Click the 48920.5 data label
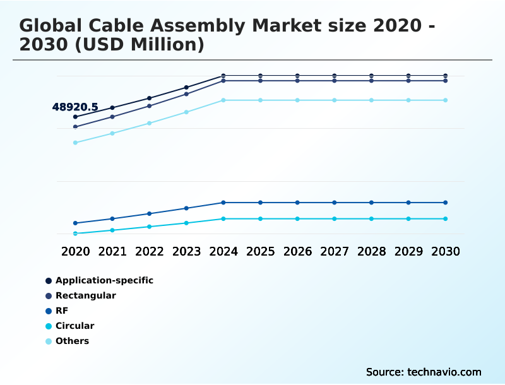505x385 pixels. click(74, 107)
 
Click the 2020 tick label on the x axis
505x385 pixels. click(75, 251)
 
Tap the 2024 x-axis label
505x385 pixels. click(223, 251)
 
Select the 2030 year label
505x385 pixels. click(446, 251)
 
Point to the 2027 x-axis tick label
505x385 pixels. click(335, 251)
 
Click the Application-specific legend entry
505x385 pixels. click(104, 280)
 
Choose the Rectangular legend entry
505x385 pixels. click(85, 295)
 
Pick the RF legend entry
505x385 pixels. click(61, 311)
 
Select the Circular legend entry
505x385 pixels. click(74, 326)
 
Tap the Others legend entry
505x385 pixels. click(72, 341)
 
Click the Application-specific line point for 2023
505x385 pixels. click(186, 87)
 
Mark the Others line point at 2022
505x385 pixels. click(150, 123)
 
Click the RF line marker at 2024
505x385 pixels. click(223, 203)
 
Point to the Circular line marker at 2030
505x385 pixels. click(446, 219)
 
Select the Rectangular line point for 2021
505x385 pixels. click(112, 117)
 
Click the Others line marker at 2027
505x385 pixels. click(335, 100)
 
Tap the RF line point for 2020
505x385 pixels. click(75, 223)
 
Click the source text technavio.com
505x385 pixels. click(444, 372)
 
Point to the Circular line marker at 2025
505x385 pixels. click(260, 219)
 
